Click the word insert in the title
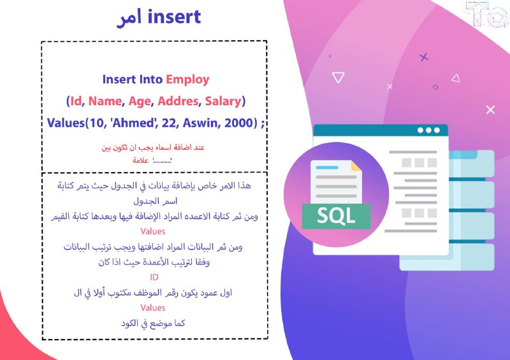(x=174, y=17)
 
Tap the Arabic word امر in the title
(x=129, y=18)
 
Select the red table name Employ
(x=187, y=80)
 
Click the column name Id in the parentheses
(x=76, y=101)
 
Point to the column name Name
(x=105, y=101)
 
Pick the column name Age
(x=140, y=101)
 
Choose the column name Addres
(x=178, y=101)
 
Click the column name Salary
(x=222, y=101)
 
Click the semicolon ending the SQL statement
(x=263, y=124)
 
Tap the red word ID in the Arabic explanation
(x=154, y=277)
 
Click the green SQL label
(x=336, y=216)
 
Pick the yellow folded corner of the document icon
(x=356, y=166)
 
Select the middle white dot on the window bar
(x=428, y=130)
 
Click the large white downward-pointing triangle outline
(x=338, y=77)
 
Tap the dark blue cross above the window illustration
(x=423, y=57)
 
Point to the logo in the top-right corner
(x=488, y=13)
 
